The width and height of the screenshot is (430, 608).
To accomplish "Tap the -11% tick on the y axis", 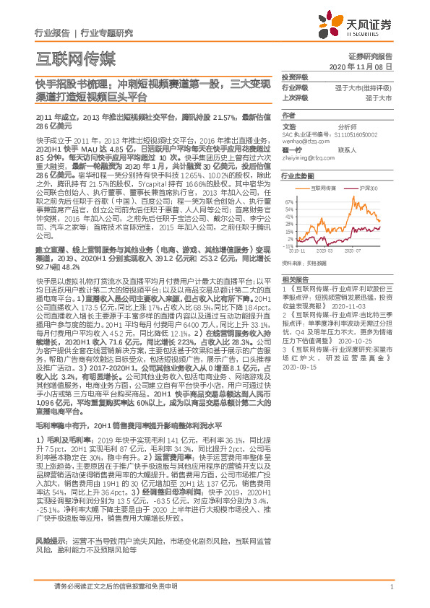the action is (x=289, y=245).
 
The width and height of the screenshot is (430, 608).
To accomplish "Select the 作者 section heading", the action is (x=289, y=116).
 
